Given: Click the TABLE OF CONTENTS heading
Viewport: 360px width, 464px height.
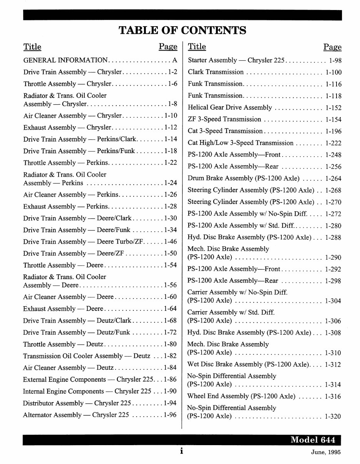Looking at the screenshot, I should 183,30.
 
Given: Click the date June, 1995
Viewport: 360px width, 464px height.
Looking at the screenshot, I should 326,452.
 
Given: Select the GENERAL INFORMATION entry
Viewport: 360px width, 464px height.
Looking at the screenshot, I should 65,60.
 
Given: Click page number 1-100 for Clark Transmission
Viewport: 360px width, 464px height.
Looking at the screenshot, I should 333,72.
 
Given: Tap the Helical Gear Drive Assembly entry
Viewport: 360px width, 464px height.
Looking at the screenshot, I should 229,108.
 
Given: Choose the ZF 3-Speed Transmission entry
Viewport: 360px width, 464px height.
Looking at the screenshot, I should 224,119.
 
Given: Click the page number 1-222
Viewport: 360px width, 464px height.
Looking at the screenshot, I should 333,143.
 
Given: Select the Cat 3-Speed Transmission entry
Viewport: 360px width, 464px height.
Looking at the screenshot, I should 225,131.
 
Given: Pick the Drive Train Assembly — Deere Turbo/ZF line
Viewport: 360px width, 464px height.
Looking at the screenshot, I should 83,242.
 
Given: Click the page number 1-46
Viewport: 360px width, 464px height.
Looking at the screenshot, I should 170,242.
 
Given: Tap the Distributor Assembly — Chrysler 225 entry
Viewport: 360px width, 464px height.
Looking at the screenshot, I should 77,403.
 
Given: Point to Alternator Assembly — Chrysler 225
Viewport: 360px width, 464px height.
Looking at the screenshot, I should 76,415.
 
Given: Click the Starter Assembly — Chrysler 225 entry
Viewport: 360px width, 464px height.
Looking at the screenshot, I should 236,60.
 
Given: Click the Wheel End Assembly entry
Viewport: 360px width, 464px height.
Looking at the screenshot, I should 241,396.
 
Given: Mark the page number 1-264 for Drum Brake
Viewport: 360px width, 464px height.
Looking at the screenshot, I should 333,179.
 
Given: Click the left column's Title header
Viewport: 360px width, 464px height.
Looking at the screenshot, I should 32,47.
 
